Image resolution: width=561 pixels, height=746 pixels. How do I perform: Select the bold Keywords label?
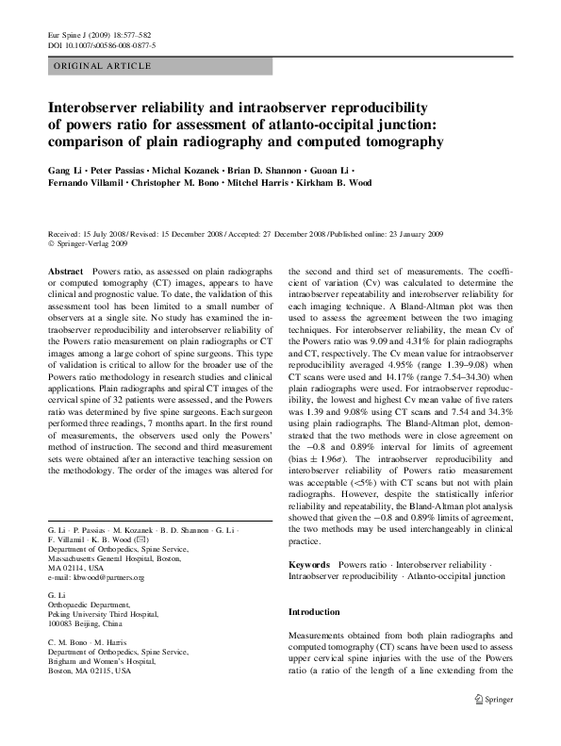tap(308, 564)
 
